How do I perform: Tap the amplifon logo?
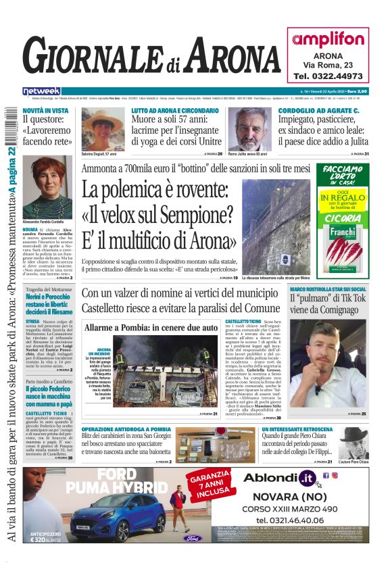328,39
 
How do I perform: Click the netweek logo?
41,91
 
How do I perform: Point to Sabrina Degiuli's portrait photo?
103,129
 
